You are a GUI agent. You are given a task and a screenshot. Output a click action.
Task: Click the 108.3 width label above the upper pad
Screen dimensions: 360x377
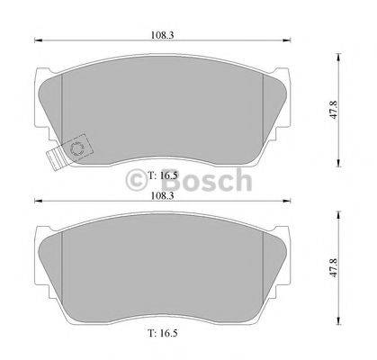click(x=162, y=36)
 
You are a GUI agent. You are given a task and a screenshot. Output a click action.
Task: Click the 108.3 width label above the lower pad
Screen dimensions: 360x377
click(x=162, y=193)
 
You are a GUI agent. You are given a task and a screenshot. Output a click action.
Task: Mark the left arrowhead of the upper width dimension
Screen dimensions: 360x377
click(x=38, y=42)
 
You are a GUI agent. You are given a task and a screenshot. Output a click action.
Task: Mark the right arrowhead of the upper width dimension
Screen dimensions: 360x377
click(x=291, y=42)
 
